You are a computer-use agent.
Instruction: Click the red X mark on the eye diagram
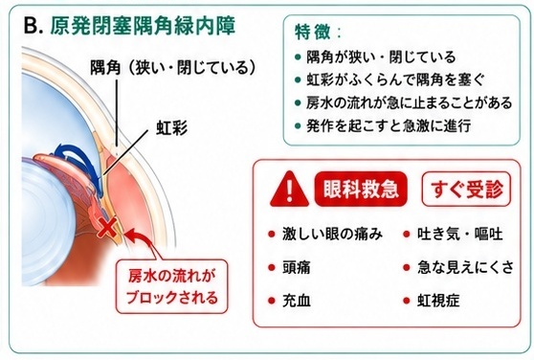tap(107, 228)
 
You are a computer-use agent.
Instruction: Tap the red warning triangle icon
tap(289, 190)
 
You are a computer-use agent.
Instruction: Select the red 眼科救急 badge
tap(361, 189)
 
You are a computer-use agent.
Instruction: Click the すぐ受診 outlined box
tap(466, 189)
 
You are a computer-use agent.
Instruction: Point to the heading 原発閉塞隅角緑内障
tap(143, 25)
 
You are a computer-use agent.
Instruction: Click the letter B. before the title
tap(33, 26)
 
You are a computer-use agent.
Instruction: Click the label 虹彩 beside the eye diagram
tap(171, 128)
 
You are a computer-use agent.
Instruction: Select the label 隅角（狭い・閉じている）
tap(173, 67)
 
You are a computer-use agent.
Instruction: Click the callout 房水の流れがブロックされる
tap(171, 286)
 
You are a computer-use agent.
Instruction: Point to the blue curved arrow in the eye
tap(79, 164)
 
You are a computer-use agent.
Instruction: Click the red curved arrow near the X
tap(142, 243)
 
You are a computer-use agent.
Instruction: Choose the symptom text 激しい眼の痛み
tap(332, 235)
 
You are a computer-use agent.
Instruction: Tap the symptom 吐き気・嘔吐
tap(459, 235)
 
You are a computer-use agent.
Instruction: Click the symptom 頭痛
tap(297, 267)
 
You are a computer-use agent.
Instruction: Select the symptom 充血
tap(297, 301)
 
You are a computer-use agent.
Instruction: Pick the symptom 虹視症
tap(438, 301)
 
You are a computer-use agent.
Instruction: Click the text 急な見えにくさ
tap(465, 267)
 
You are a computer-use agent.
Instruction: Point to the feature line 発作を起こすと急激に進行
tap(389, 125)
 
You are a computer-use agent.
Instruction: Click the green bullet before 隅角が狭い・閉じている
tap(298, 56)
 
